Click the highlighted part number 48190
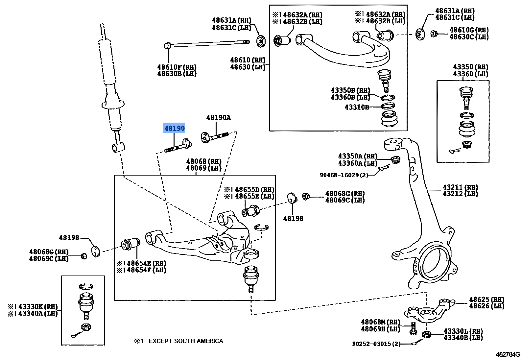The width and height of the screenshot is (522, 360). (x=174, y=128)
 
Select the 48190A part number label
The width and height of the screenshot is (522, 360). (x=218, y=118)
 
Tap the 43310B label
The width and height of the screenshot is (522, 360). (x=356, y=107)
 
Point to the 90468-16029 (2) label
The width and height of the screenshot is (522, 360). (x=344, y=175)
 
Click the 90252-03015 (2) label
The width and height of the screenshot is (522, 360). (x=376, y=344)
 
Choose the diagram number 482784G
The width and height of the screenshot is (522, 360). (x=508, y=354)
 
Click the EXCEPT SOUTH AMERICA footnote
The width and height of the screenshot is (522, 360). (x=186, y=341)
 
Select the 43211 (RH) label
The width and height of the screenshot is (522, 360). (x=460, y=187)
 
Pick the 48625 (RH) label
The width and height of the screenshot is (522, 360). (x=486, y=300)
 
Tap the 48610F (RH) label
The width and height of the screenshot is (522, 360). (x=177, y=67)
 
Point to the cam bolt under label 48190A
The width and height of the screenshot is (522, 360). (x=214, y=136)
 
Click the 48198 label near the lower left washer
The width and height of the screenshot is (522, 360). (x=69, y=238)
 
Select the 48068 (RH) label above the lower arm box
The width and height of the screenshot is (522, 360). (x=204, y=161)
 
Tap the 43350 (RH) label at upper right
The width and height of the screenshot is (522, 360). (x=470, y=67)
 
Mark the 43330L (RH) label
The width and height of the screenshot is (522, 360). (x=463, y=331)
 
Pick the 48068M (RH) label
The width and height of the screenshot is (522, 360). (x=380, y=322)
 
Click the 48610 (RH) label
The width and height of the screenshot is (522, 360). (x=248, y=60)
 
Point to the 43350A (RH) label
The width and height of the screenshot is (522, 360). (x=358, y=156)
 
